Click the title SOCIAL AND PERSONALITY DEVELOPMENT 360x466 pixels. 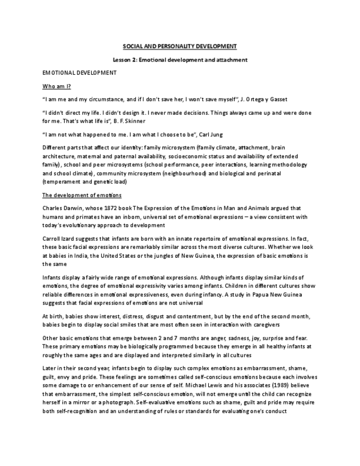180,46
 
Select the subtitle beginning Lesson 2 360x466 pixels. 180,59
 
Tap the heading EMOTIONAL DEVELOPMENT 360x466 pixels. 79,73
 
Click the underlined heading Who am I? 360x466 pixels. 57,86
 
